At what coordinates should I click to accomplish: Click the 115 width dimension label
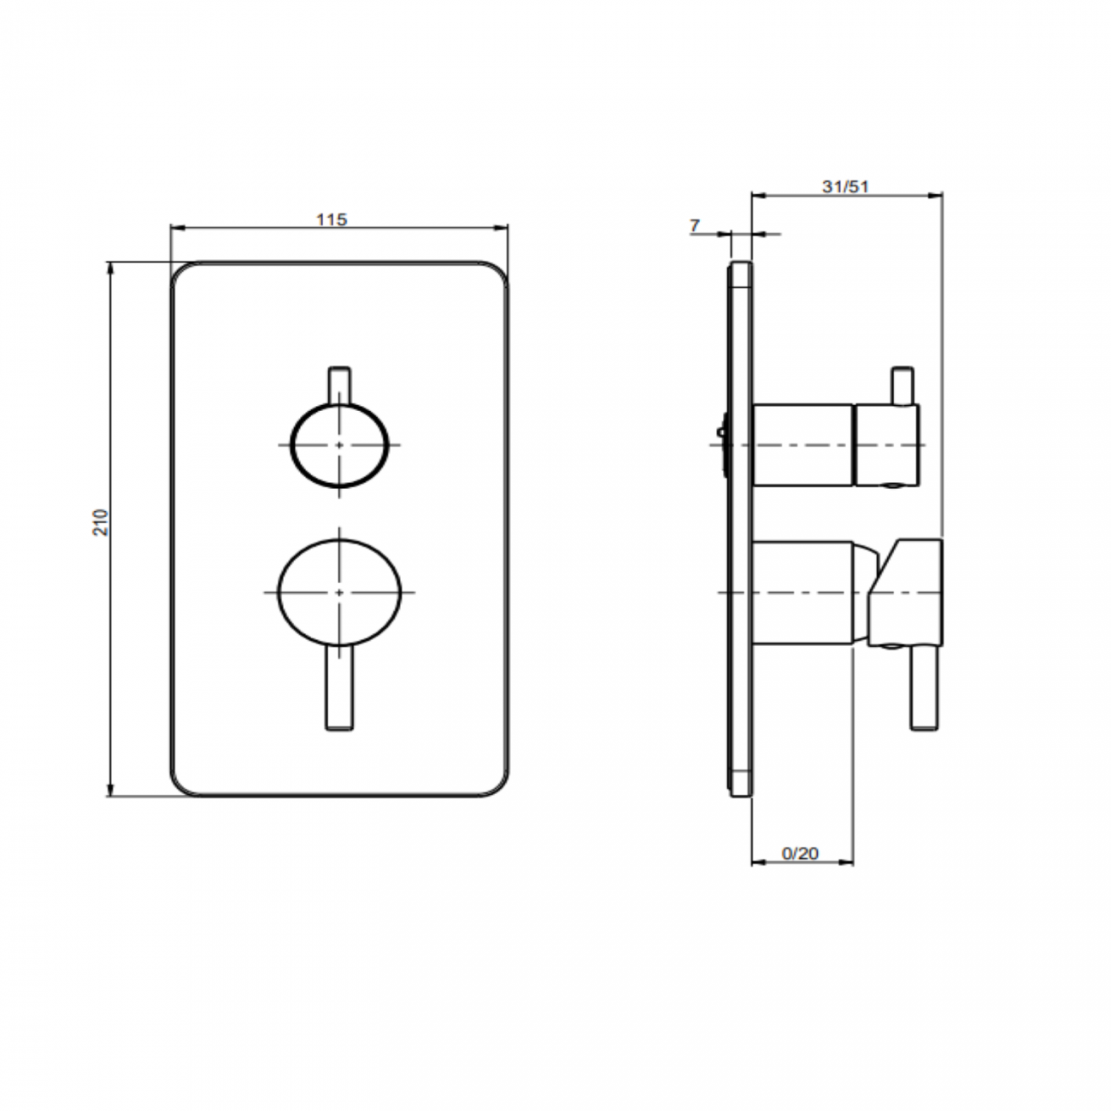tap(332, 220)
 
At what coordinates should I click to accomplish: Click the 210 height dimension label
tap(102, 521)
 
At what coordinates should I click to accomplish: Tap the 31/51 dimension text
tap(845, 187)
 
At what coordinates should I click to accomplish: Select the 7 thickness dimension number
tap(694, 226)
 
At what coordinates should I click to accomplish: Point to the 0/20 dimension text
tap(801, 853)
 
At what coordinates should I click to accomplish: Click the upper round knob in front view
tap(340, 445)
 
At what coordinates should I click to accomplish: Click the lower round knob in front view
tap(340, 591)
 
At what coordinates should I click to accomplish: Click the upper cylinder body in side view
tap(803, 444)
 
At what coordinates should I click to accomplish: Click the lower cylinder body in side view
tap(803, 591)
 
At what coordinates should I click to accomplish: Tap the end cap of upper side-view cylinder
tap(887, 444)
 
